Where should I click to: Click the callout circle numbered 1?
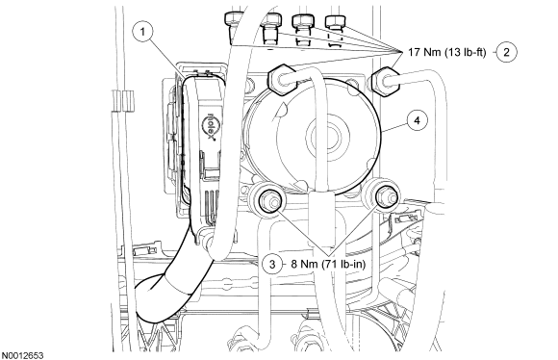(x=142, y=32)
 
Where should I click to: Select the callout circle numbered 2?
(x=506, y=52)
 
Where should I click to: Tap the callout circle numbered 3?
(x=272, y=264)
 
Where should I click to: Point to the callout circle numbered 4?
(x=418, y=120)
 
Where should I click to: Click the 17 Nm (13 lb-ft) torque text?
(x=446, y=52)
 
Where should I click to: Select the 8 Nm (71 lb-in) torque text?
(x=328, y=264)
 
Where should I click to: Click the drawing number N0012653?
(x=22, y=355)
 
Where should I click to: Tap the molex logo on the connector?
(x=210, y=126)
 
